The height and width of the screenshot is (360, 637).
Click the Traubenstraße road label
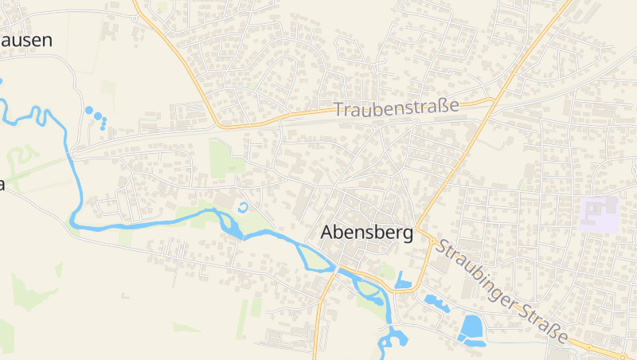(397, 108)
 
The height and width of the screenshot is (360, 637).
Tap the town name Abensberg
(366, 233)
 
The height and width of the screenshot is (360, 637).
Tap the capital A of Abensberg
(326, 233)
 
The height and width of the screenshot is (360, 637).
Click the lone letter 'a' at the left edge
(2, 185)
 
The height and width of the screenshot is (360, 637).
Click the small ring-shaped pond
(243, 208)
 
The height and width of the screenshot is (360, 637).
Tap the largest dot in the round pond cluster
(88, 111)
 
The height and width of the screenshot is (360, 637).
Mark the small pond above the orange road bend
(402, 281)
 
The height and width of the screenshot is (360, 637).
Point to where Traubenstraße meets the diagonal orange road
(493, 100)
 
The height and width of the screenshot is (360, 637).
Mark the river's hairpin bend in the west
(76, 219)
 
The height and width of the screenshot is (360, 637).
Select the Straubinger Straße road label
(502, 291)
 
